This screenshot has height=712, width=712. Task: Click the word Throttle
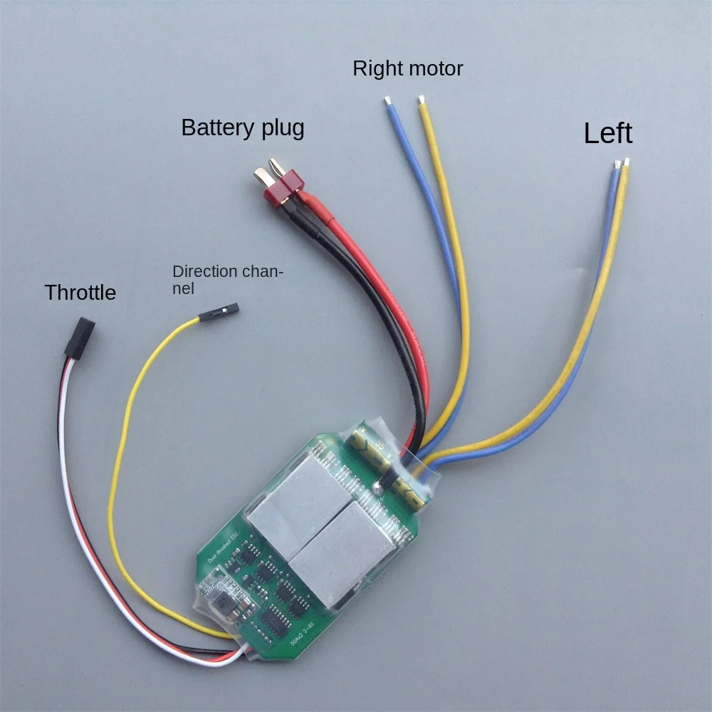[x=80, y=292]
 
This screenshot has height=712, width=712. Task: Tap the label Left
[x=608, y=133]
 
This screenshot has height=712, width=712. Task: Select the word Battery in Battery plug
[x=216, y=127]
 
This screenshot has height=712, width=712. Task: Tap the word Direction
[x=205, y=271]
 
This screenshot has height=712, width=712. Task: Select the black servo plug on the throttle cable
[x=79, y=337]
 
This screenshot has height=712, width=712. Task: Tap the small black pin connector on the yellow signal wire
[x=219, y=312]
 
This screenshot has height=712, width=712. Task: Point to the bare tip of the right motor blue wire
[x=387, y=100]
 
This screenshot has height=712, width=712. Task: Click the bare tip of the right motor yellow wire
[x=422, y=100]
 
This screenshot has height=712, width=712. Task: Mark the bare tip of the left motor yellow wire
[x=627, y=162]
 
